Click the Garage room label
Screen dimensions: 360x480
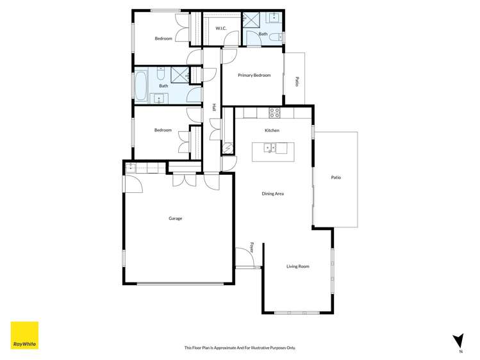pyautogui.click(x=175, y=218)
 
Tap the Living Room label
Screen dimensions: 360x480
pyautogui.click(x=297, y=266)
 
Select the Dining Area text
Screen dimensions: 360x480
pyautogui.click(x=272, y=193)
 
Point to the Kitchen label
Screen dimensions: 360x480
pyautogui.click(x=272, y=131)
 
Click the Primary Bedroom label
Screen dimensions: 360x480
pyautogui.click(x=254, y=76)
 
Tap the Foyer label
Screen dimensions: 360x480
pyautogui.click(x=252, y=247)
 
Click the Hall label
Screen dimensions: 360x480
pyautogui.click(x=213, y=108)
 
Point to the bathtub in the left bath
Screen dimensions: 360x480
pyautogui.click(x=140, y=86)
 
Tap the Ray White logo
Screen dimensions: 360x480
pyautogui.click(x=24, y=335)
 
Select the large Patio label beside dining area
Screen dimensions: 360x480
pyautogui.click(x=335, y=177)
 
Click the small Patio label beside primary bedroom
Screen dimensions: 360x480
pyautogui.click(x=297, y=81)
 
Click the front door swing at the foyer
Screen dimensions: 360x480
pyautogui.click(x=244, y=258)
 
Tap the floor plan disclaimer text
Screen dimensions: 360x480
pyautogui.click(x=240, y=348)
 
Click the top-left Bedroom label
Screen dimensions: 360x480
pyautogui.click(x=163, y=38)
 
